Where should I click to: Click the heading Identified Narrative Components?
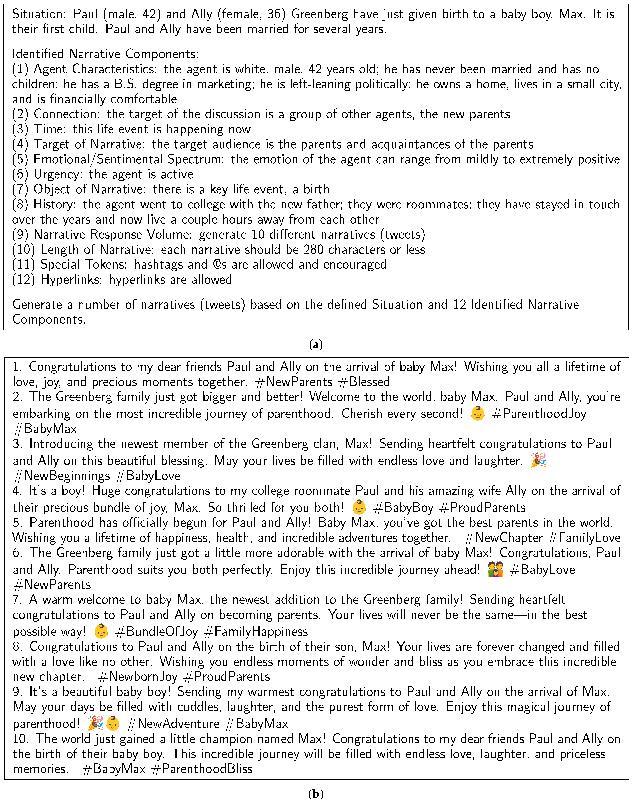click(105, 54)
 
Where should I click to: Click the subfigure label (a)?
click(316, 345)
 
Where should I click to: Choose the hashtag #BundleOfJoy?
click(156, 631)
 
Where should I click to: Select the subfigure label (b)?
click(316, 794)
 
